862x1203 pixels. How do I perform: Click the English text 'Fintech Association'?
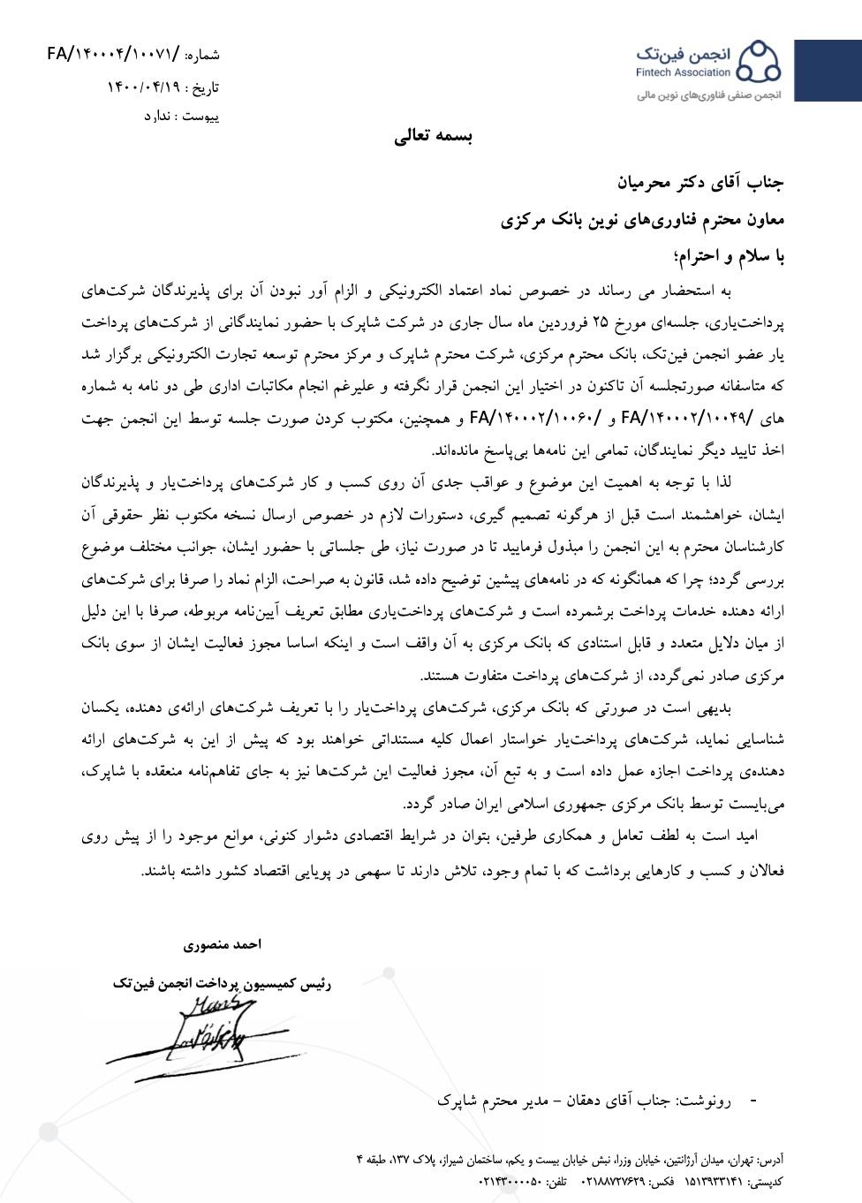tap(683, 72)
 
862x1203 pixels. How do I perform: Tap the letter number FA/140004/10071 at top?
tap(112, 55)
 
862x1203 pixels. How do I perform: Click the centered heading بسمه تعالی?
tap(433, 137)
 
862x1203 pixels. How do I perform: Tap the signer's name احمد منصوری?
tap(223, 945)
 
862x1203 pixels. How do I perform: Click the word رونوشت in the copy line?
tap(703, 1101)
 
